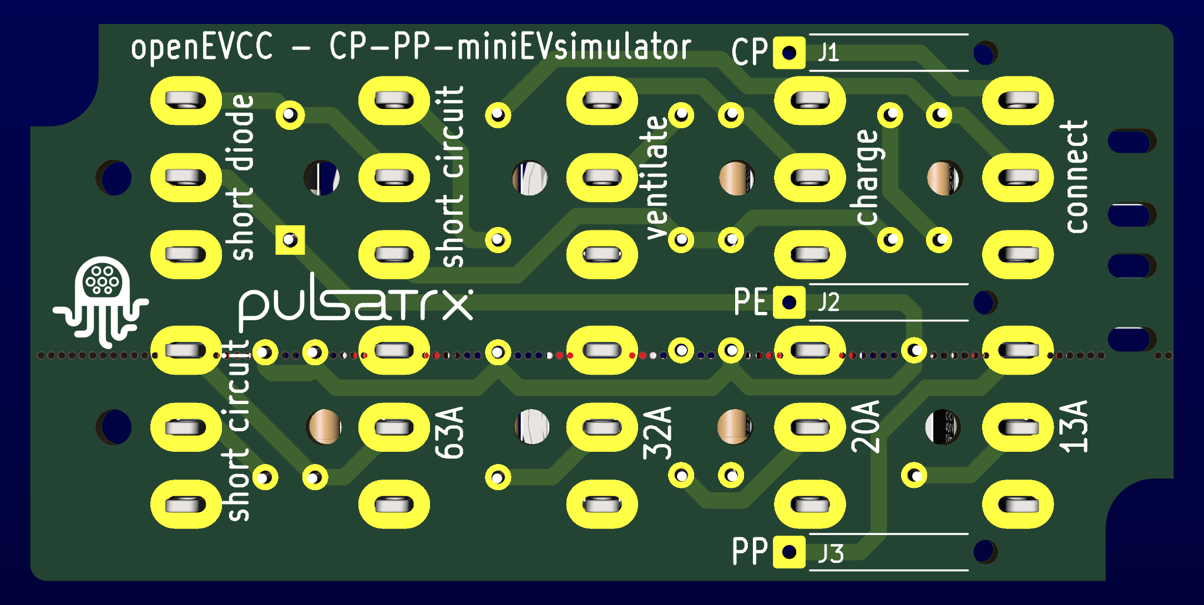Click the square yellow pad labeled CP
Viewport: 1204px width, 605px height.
click(789, 53)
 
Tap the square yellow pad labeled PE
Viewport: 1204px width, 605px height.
click(789, 302)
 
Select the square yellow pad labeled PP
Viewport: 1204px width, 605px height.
click(789, 552)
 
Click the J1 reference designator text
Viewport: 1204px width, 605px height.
click(828, 53)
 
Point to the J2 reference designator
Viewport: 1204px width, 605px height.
click(828, 302)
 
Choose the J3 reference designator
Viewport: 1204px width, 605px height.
click(831, 553)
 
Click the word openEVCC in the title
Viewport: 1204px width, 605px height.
click(202, 47)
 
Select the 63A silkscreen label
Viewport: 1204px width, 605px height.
click(449, 433)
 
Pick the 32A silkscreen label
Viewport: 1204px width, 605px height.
click(657, 433)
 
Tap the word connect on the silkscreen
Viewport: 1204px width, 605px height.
click(1076, 177)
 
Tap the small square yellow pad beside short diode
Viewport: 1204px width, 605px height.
click(290, 240)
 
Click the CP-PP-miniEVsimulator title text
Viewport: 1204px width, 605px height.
click(510, 47)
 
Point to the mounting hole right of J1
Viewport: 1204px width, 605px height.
click(984, 53)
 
